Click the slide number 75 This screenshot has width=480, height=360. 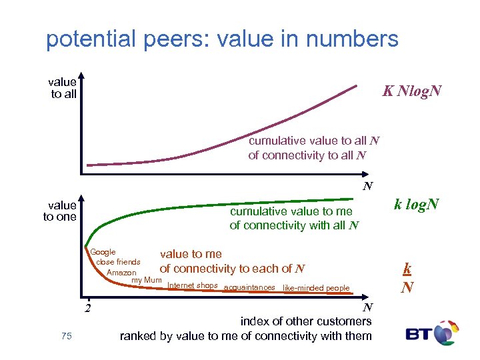pos(66,336)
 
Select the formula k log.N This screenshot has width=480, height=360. pos(416,204)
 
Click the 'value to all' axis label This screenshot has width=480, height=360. pos(63,88)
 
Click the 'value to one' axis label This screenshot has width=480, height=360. pos(60,211)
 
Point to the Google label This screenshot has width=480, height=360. pos(103,252)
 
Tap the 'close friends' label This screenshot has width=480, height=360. pos(118,262)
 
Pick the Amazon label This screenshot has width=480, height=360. pos(121,273)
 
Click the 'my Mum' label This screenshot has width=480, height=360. pos(147,280)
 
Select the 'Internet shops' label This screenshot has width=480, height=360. pos(193,286)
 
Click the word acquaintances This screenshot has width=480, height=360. pos(250,288)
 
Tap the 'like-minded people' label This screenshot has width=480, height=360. pos(316,288)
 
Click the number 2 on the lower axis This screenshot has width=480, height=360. pos(87,308)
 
